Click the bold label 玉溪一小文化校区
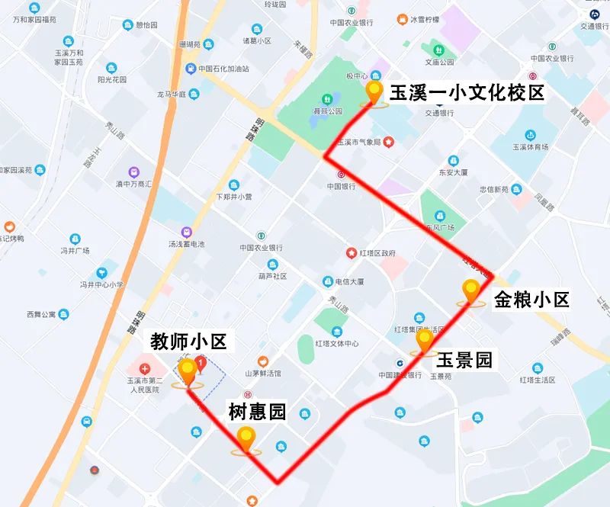click(x=467, y=94)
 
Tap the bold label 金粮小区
click(x=531, y=300)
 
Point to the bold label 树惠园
click(x=258, y=412)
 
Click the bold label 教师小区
click(x=188, y=342)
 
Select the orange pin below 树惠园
click(x=246, y=439)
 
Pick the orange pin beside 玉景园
click(x=424, y=342)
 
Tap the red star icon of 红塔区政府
click(x=352, y=253)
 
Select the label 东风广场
click(x=440, y=228)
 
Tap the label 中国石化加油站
click(x=223, y=69)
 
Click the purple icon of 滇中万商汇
click(x=134, y=173)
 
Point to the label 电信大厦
click(x=350, y=281)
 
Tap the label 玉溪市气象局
click(x=358, y=142)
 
